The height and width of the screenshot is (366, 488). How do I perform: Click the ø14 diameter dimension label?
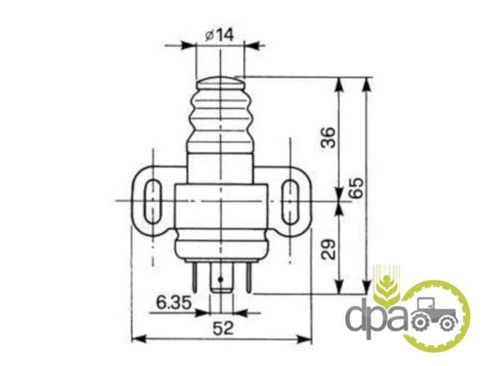219,35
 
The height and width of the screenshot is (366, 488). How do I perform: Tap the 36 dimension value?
329,137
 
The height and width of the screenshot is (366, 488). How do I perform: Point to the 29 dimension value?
329,249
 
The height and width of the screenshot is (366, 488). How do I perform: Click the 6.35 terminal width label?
173,303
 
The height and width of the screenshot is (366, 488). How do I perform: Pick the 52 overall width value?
223,328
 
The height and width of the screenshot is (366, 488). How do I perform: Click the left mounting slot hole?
152,201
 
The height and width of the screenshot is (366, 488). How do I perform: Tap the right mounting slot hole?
290,201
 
